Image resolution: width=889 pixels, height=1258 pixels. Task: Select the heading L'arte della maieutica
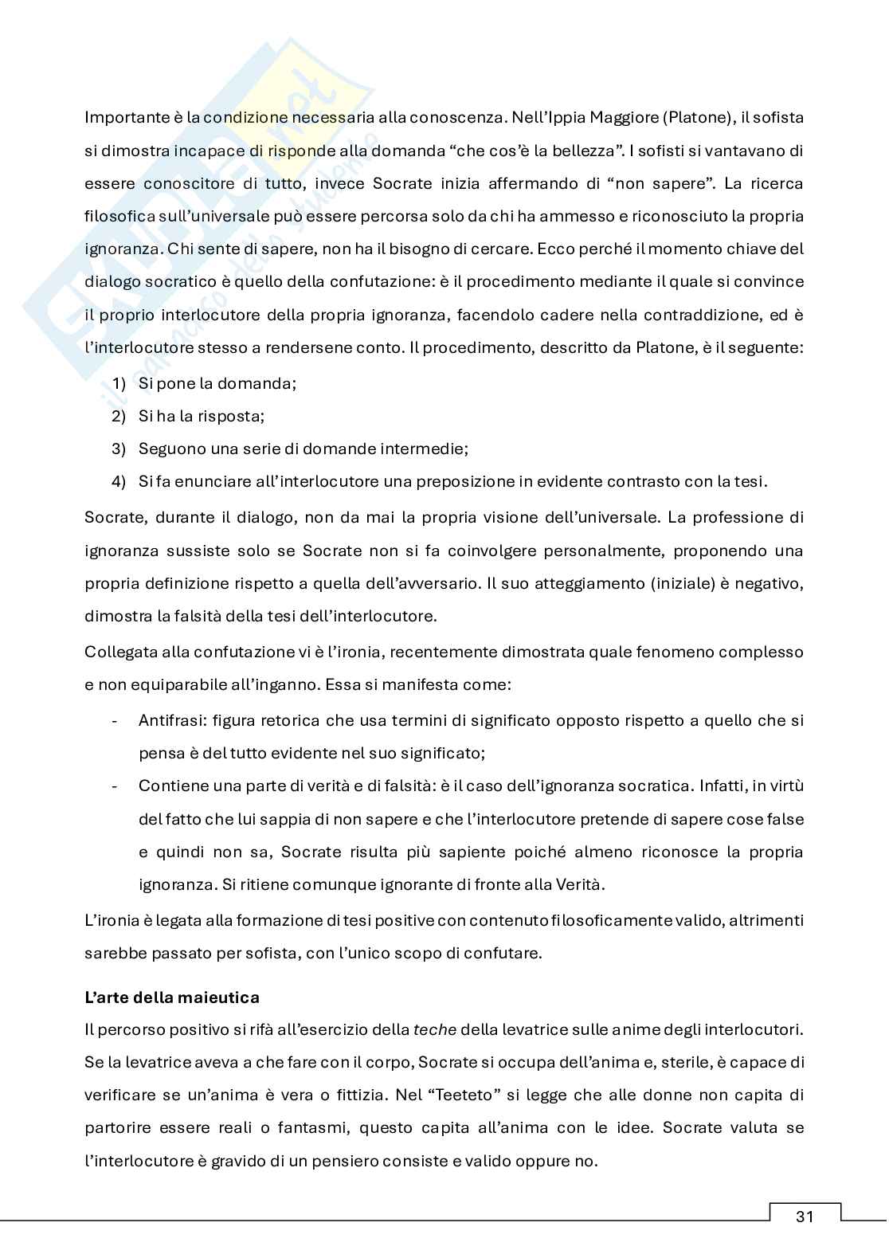[172, 997]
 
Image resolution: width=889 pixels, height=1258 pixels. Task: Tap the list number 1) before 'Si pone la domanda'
[119, 383]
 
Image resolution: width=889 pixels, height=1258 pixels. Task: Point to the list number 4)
[119, 481]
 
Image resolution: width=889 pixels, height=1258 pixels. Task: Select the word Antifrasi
[169, 720]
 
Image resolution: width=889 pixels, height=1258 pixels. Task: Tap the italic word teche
[435, 1029]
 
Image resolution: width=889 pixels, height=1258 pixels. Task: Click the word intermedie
[429, 449]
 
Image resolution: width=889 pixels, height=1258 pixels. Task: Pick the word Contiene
[168, 786]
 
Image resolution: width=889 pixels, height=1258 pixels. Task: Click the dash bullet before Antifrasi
[116, 720]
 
